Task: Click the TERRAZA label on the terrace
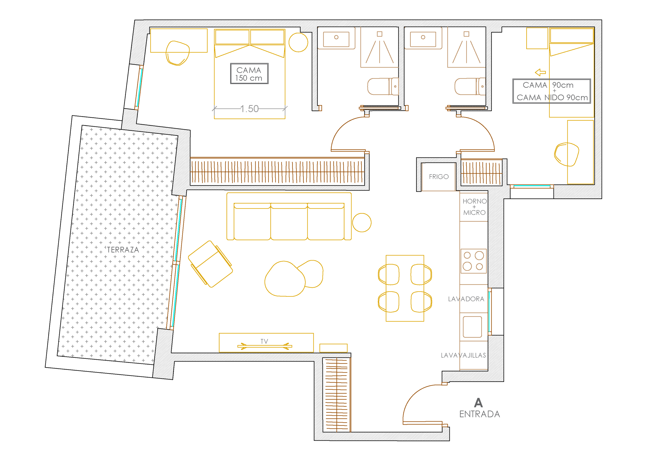(123, 250)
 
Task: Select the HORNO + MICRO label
(474, 207)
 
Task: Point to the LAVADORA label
(466, 299)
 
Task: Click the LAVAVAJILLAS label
(463, 355)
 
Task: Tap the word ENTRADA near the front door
(479, 414)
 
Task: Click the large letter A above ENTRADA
(478, 403)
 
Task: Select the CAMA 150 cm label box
(249, 74)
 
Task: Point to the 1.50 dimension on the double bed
(249, 109)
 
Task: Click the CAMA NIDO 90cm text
(552, 97)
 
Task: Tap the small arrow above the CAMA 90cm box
(540, 73)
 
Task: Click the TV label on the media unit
(264, 341)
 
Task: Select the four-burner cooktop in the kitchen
(473, 261)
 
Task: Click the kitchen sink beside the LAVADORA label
(472, 327)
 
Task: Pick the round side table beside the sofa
(362, 222)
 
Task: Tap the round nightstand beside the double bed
(298, 42)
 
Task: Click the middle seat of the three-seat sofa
(289, 221)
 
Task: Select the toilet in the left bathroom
(383, 86)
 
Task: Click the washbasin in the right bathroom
(423, 39)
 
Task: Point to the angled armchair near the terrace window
(210, 264)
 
